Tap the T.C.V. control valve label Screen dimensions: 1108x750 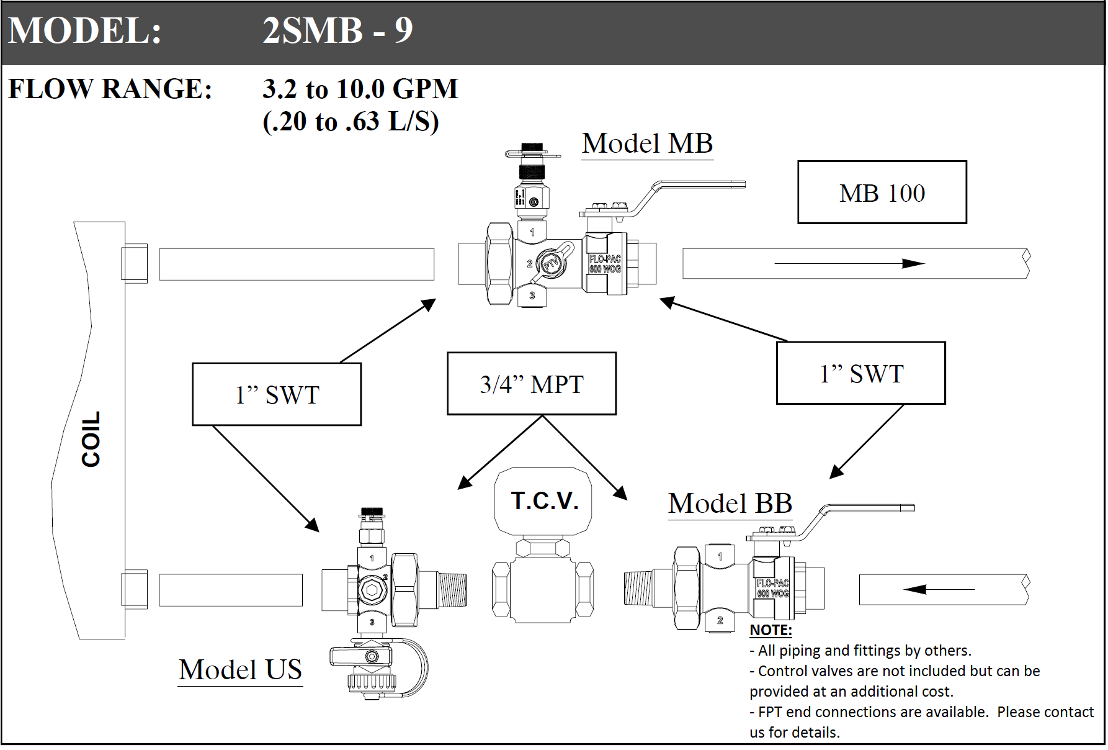pyautogui.click(x=544, y=500)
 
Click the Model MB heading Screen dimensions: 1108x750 pyautogui.click(x=647, y=143)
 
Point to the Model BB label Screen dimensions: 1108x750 pyautogui.click(x=730, y=504)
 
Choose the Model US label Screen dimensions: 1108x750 pyautogui.click(x=240, y=669)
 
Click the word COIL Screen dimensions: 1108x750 pyautogui.click(x=91, y=439)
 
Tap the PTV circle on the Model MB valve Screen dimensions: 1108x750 pyautogui.click(x=550, y=264)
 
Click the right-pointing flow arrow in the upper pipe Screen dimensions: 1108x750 pyautogui.click(x=849, y=264)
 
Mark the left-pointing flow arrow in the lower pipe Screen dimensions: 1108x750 pyautogui.click(x=939, y=589)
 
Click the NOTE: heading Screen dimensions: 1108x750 pyautogui.click(x=771, y=630)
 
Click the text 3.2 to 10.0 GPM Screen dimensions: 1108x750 pyautogui.click(x=360, y=89)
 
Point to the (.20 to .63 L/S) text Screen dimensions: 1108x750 pyautogui.click(x=351, y=122)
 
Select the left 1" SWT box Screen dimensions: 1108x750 pyautogui.click(x=277, y=394)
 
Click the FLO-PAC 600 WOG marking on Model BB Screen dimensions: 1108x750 pyautogui.click(x=773, y=588)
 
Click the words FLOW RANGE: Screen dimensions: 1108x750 pyautogui.click(x=110, y=89)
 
